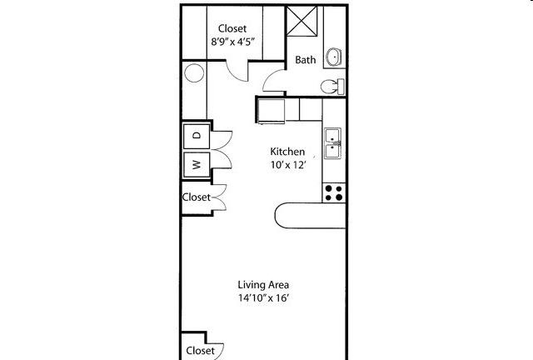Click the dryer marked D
pos(197,136)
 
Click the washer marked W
pos(197,165)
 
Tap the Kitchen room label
pos(287,152)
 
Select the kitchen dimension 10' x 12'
pos(289,165)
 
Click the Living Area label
pos(263,284)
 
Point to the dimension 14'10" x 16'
pos(263,298)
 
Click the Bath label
pos(306,60)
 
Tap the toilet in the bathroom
pos(332,87)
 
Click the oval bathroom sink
pos(333,57)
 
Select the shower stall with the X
pos(301,21)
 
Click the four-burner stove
pos(333,193)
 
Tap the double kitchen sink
pos(332,143)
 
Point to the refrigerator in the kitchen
pos(271,111)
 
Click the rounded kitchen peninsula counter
pos(310,216)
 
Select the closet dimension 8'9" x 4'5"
pos(233,42)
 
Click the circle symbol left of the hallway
pos(194,72)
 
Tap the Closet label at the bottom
pos(200,351)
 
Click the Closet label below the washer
pos(197,197)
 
